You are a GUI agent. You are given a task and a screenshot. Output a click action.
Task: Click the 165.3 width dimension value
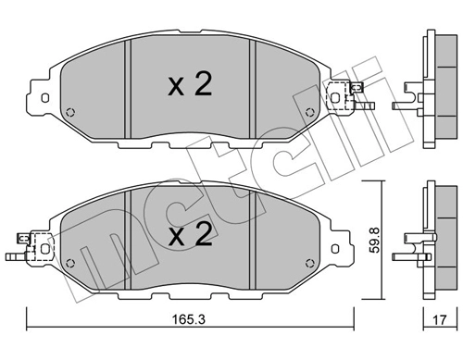click(x=188, y=319)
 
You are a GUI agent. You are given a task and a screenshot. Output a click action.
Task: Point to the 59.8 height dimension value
click(x=375, y=241)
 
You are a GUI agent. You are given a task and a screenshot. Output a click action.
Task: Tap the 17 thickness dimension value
click(x=440, y=319)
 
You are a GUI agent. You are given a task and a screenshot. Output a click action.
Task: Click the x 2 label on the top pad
click(x=190, y=84)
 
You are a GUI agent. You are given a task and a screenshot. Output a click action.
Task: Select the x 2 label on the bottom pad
click(x=190, y=236)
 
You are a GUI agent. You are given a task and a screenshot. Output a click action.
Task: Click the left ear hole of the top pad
click(x=44, y=98)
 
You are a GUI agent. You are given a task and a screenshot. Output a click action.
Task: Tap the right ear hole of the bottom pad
click(x=335, y=249)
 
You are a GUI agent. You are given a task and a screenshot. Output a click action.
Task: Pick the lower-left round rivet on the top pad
click(x=70, y=112)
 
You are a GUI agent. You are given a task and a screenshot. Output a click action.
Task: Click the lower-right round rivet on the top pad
click(x=309, y=112)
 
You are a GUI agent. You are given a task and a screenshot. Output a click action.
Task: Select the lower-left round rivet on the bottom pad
click(x=70, y=263)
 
